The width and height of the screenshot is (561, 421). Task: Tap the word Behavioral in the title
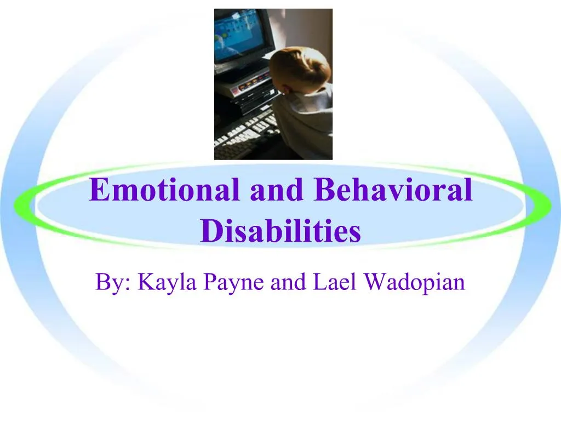click(393, 190)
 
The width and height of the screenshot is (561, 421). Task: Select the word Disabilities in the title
click(280, 231)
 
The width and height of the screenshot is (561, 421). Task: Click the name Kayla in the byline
click(168, 283)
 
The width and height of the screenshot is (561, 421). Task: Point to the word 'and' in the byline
click(289, 282)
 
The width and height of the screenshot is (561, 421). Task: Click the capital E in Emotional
click(99, 190)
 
